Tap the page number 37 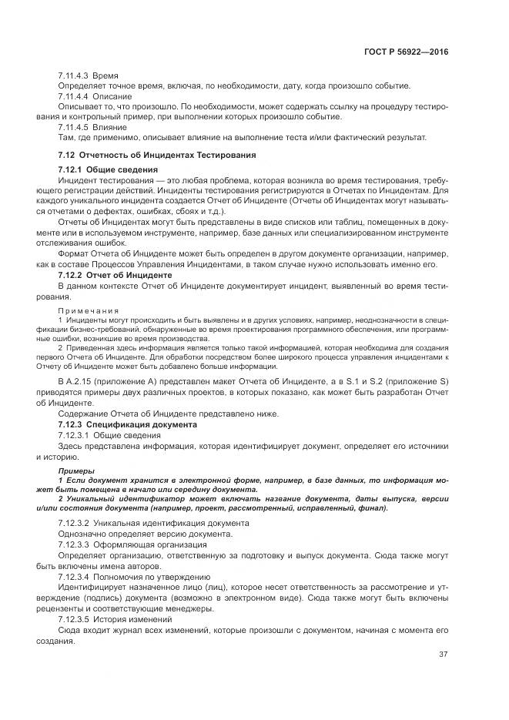[443, 655]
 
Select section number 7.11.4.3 [74, 77]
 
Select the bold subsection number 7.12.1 [71, 169]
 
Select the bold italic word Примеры [77, 470]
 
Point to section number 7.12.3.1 [74, 435]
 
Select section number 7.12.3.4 [74, 576]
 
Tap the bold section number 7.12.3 [71, 424]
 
